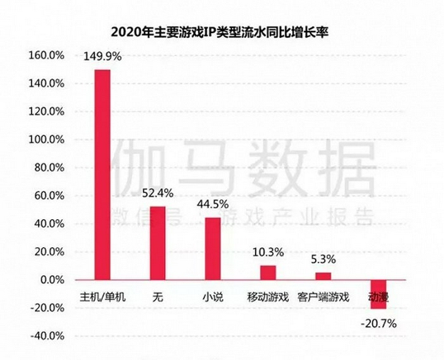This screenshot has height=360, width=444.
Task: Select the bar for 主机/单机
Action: [102, 174]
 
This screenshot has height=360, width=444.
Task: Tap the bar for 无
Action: [158, 243]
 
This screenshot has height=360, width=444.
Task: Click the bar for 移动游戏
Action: [268, 273]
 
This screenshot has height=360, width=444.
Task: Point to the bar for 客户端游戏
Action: [323, 276]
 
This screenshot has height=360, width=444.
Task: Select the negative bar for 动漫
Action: [378, 294]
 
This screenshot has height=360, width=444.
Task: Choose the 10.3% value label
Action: [268, 252]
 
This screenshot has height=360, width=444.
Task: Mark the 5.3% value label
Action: [323, 259]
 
